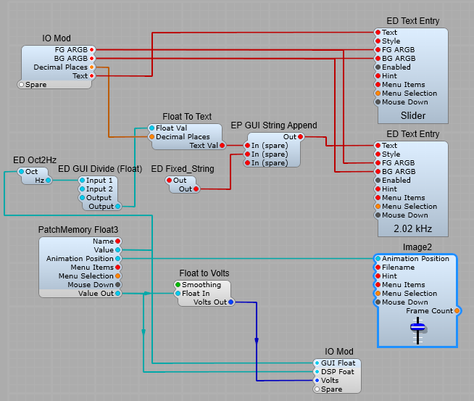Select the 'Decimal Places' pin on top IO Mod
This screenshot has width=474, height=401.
pyautogui.click(x=91, y=67)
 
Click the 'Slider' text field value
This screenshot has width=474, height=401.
pyautogui.click(x=413, y=116)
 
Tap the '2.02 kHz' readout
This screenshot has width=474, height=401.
pyautogui.click(x=413, y=229)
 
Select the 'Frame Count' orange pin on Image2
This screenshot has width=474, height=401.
pyautogui.click(x=457, y=311)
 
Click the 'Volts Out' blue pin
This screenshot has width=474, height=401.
pyautogui.click(x=230, y=302)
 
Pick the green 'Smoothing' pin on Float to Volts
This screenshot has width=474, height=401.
pyautogui.click(x=178, y=285)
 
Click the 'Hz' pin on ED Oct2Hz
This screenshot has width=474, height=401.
pyautogui.click(x=49, y=181)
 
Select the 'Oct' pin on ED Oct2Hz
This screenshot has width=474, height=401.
pyautogui.click(x=22, y=172)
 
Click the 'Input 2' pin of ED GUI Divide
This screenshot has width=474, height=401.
pyautogui.click(x=82, y=189)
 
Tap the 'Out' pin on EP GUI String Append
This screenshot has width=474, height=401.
pyautogui.click(x=301, y=136)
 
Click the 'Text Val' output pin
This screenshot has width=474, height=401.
pyautogui.click(x=222, y=145)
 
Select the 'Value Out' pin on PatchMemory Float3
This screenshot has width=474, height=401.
pyautogui.click(x=118, y=294)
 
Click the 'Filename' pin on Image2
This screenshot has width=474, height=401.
pyautogui.click(x=378, y=268)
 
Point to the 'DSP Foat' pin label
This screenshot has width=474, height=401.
pyautogui.click(x=337, y=372)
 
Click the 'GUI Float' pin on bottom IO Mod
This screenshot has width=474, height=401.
pyautogui.click(x=316, y=363)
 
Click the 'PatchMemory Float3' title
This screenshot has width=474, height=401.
pyautogui.click(x=78, y=230)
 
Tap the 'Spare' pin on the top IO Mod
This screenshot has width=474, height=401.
pyautogui.click(x=22, y=85)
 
